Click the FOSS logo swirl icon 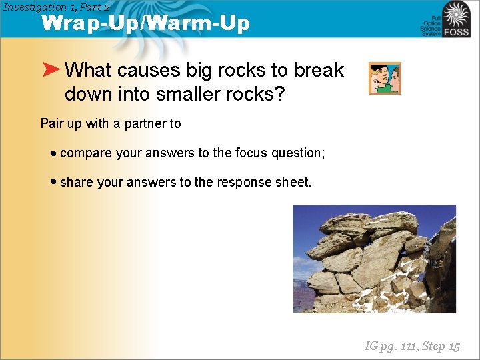(457, 14)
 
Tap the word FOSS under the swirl (457, 31)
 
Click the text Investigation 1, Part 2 (56, 7)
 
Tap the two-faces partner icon (385, 79)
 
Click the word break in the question (319, 70)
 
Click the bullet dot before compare (53, 153)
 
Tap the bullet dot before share (53, 182)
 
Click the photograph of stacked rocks (374, 259)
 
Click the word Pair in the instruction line (53, 123)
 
